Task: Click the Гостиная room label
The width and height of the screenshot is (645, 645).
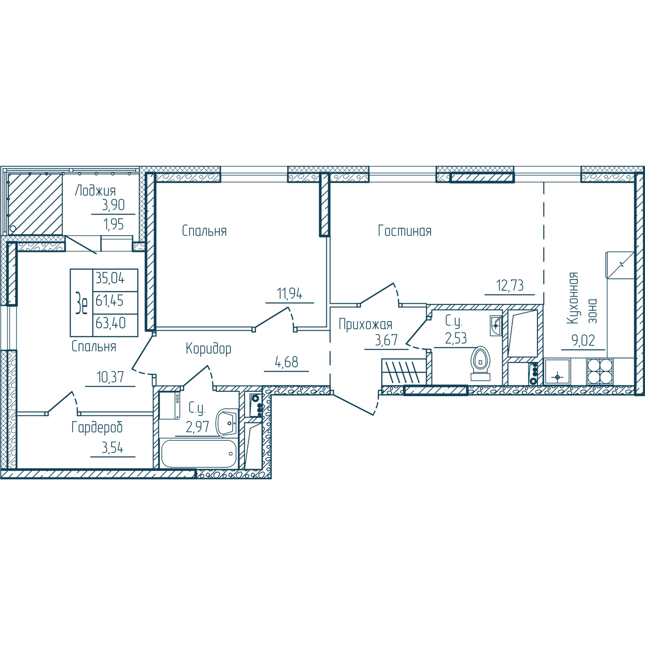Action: coord(405,231)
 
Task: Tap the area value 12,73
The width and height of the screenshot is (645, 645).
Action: coord(510,285)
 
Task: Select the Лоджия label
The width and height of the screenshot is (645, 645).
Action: coord(95,190)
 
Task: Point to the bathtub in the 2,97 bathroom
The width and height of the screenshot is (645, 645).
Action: coord(198,453)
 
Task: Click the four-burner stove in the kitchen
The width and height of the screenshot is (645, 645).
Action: coord(600,371)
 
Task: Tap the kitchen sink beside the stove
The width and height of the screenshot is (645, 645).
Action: coord(557,371)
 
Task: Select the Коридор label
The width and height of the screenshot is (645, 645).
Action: coord(209,349)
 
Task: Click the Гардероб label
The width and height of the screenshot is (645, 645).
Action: coord(97,427)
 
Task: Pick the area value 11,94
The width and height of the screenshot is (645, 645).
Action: coord(290,294)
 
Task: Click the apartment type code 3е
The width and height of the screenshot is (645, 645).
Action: coord(82,303)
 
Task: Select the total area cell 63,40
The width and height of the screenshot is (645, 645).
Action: coord(111,322)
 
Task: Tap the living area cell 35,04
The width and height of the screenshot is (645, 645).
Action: coord(110,278)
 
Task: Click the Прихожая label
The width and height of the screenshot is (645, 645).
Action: coord(365,325)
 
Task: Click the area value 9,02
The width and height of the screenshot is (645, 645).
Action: coord(583,341)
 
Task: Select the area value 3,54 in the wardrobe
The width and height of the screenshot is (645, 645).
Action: coord(113,448)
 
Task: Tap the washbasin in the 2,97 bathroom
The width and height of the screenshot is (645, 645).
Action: coord(227,422)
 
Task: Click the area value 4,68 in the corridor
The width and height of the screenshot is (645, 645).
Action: coord(287,362)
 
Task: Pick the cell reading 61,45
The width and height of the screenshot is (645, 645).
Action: coord(110,301)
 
